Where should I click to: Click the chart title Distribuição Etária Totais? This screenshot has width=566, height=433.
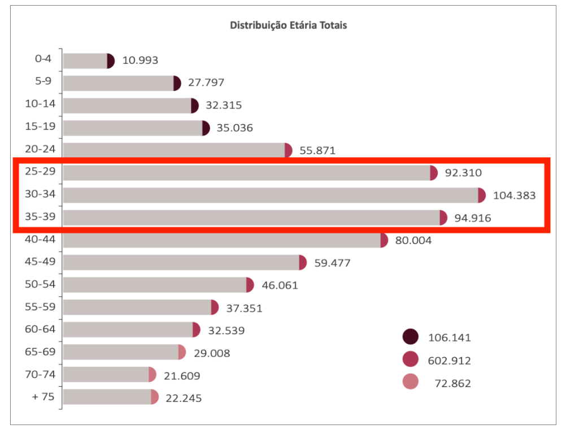(x=288, y=25)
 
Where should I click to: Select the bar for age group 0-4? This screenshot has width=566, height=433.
(x=85, y=60)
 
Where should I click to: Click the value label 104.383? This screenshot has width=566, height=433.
(x=514, y=196)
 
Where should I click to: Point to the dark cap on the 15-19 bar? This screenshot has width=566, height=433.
(x=206, y=128)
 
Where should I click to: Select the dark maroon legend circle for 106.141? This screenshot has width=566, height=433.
(x=411, y=337)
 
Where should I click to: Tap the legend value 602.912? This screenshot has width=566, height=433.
(x=449, y=361)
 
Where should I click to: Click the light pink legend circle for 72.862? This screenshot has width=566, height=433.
(x=411, y=383)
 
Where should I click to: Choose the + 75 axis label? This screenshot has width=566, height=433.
(x=43, y=396)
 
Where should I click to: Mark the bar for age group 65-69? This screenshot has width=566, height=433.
(x=121, y=352)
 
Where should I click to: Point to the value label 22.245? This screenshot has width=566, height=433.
(x=183, y=398)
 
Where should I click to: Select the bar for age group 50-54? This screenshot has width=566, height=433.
(x=155, y=285)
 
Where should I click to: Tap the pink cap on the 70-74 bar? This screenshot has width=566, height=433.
(x=153, y=375)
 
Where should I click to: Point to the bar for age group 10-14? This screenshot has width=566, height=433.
(x=127, y=106)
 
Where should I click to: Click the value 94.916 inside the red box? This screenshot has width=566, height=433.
(x=473, y=218)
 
